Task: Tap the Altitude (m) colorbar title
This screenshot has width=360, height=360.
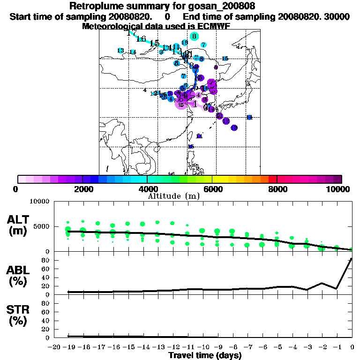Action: (174, 195)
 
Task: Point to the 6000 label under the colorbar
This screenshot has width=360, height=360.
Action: (212, 189)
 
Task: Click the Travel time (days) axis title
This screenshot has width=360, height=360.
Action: (205, 356)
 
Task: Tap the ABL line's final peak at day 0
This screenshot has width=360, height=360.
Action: (352, 259)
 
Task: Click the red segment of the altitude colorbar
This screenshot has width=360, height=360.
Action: (272, 179)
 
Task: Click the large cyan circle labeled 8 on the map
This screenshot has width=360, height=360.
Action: (194, 36)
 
